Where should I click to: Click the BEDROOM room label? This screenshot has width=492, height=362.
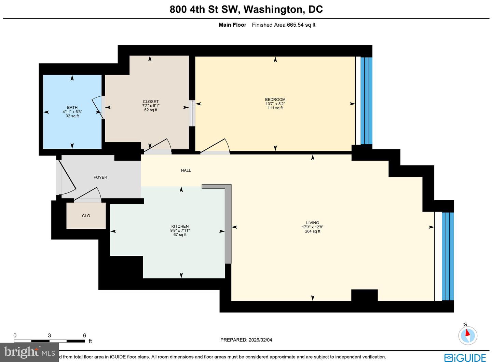coord(275,100)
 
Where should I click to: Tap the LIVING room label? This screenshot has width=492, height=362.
coord(312,223)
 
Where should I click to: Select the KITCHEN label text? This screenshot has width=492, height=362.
coord(180,226)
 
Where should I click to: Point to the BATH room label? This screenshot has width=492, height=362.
coord(72,107)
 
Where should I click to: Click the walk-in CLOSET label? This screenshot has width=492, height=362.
coord(151,102)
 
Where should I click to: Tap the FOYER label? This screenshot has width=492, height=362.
coord(100,177)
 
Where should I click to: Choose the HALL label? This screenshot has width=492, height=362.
coord(186,170)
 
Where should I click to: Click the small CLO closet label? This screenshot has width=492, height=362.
coord(86,216)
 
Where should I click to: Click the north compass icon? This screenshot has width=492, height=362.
coord(467,335)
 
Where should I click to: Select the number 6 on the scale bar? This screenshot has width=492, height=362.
coord(84,335)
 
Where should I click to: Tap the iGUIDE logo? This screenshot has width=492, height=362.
coord(465,357)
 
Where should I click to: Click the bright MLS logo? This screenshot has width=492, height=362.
coord(30,352)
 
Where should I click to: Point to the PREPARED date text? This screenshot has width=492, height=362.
coord(246,340)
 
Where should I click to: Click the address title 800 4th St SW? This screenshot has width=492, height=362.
coord(246,9)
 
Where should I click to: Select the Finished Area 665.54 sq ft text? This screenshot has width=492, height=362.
coord(284,25)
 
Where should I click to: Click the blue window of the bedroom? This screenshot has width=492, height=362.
coord(367,101)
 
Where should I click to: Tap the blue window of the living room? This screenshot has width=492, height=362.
coord(448,256)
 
